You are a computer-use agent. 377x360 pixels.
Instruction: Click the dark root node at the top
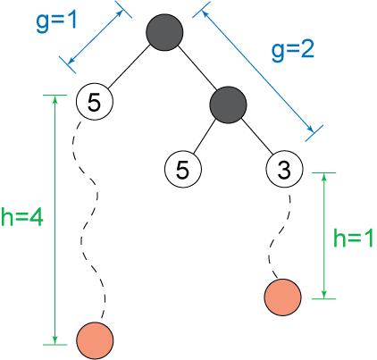click(164, 32)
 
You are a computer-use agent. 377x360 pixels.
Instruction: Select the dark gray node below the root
click(228, 105)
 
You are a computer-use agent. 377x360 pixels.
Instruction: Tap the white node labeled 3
click(284, 169)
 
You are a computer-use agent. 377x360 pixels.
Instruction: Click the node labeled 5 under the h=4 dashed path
click(95, 102)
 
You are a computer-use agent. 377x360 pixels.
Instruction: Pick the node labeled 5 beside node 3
click(183, 169)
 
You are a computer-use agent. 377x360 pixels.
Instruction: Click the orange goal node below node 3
click(282, 297)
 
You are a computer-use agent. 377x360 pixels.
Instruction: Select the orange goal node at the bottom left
click(95, 340)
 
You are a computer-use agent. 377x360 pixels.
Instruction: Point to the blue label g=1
click(56, 21)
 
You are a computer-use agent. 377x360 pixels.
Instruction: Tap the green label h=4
click(22, 217)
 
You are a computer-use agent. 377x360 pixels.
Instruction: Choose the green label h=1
click(353, 239)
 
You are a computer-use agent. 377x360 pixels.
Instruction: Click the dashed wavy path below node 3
click(279, 237)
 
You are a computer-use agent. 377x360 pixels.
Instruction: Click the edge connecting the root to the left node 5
click(128, 67)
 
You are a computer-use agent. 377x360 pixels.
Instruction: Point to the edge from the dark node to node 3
click(256, 136)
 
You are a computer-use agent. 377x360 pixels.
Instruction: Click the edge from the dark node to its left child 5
click(204, 137)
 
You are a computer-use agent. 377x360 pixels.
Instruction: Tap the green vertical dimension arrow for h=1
click(324, 236)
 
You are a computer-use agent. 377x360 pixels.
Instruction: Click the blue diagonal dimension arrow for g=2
click(258, 71)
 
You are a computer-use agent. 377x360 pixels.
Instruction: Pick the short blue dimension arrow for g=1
click(96, 37)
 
